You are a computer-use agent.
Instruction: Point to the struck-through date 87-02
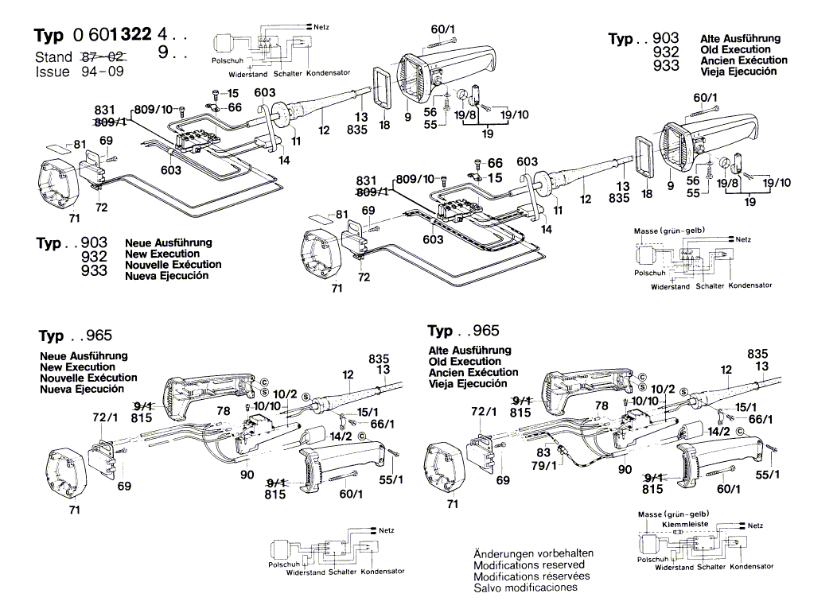(x=102, y=57)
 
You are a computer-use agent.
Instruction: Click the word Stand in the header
(x=53, y=57)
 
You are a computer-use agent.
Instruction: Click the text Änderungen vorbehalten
(x=533, y=553)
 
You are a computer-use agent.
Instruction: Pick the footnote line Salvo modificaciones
(x=525, y=588)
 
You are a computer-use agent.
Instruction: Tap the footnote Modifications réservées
(x=531, y=576)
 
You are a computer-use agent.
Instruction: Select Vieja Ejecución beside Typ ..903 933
(x=738, y=72)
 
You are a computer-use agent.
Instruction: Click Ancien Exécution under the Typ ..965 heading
(x=473, y=372)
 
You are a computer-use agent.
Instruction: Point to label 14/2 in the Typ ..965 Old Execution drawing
(x=718, y=432)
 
